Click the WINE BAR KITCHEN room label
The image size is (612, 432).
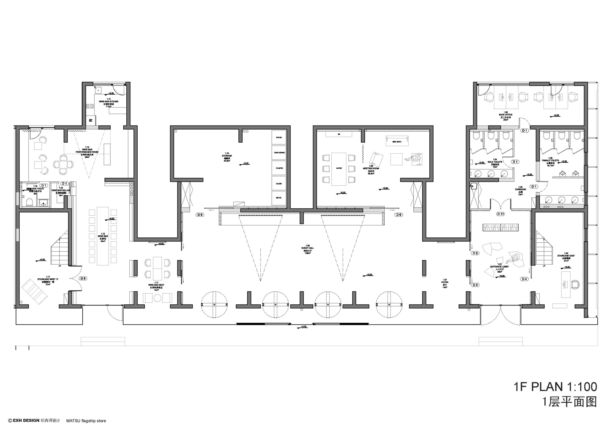pos(109,102)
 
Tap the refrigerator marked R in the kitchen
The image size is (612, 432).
pos(91,120)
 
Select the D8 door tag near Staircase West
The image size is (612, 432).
pos(83,278)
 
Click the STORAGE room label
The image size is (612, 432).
pos(227,156)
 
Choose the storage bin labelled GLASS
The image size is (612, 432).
pos(279,184)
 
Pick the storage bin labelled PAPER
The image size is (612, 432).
pos(279,137)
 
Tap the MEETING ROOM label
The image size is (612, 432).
pos(371,169)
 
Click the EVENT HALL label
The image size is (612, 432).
pos(308,248)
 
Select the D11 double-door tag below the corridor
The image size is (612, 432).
pos(501,214)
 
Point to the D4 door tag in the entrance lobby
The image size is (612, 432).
pos(524,279)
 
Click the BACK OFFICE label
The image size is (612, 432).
pos(506,115)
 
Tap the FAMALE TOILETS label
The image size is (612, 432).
pos(550,160)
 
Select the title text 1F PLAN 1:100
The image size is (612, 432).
pos(555,387)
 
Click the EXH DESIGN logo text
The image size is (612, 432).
pos(26,420)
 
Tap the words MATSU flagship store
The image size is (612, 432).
pos(86,421)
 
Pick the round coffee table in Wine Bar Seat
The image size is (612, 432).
pos(157,298)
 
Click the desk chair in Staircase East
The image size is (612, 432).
pos(576,284)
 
